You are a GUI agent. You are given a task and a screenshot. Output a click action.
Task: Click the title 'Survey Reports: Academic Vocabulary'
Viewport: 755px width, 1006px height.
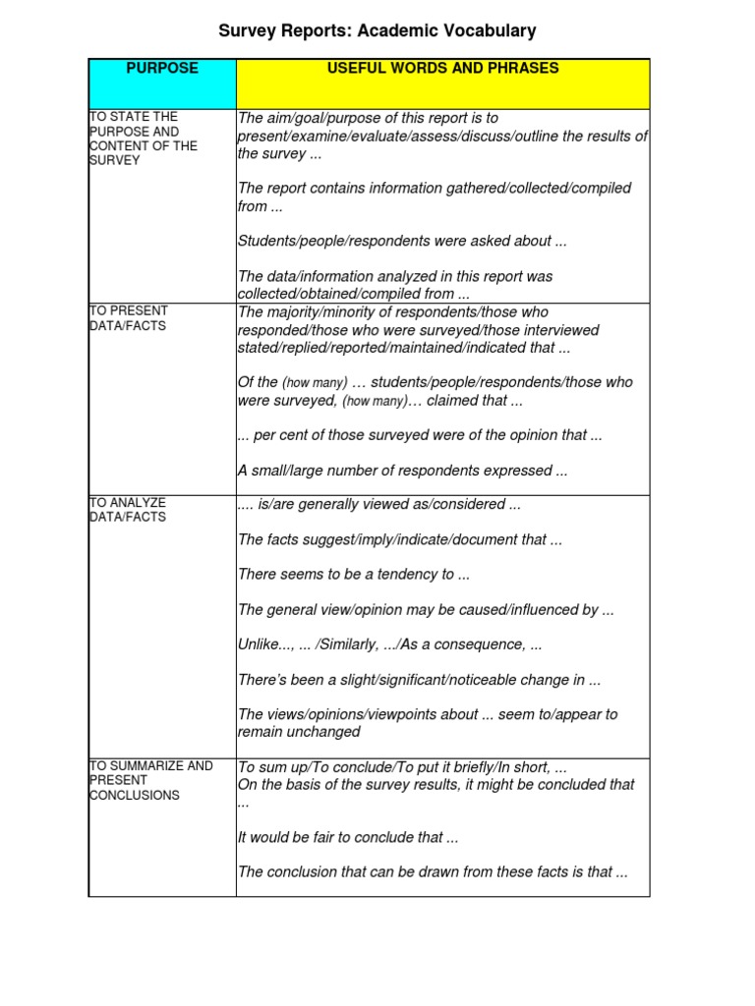[x=377, y=31]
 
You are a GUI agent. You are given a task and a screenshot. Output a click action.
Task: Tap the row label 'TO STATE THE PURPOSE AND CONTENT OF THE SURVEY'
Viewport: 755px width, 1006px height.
[x=144, y=139]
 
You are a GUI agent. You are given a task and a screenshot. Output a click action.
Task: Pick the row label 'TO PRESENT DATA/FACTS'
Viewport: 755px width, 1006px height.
[x=129, y=318]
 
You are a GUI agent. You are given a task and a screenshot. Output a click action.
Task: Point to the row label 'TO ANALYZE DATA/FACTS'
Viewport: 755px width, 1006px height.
[x=128, y=510]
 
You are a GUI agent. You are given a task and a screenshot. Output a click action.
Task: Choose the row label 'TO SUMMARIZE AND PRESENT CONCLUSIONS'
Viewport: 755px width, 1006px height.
[x=150, y=780]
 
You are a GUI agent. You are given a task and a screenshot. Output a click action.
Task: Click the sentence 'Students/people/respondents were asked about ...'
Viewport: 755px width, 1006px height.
[x=402, y=241]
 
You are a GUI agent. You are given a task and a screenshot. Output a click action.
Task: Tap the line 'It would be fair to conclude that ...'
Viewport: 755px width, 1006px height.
[x=348, y=838]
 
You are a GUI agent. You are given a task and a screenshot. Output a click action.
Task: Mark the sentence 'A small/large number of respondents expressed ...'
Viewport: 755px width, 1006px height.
[x=402, y=471]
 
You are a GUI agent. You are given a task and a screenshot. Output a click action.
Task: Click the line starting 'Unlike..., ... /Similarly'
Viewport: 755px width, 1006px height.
[x=389, y=644]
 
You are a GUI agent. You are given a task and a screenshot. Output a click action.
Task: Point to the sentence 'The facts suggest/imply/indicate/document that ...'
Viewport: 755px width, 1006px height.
[x=399, y=539]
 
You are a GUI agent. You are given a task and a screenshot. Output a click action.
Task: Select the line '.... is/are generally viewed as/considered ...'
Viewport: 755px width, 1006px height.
[x=378, y=505]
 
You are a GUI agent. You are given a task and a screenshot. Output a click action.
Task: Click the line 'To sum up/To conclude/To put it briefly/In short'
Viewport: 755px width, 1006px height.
[x=402, y=767]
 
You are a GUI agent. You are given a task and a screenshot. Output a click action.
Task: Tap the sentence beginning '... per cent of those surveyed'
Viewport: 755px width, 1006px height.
[x=420, y=435]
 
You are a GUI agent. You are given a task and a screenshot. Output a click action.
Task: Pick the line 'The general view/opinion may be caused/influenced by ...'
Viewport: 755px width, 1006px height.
[x=426, y=610]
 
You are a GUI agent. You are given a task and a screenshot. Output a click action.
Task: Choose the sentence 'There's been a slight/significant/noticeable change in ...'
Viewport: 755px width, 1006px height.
[x=419, y=680]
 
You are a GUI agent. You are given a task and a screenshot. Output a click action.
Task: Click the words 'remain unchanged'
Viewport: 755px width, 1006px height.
[x=299, y=732]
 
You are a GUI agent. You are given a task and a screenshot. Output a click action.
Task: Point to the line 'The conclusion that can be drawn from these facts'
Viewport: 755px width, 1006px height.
[x=433, y=871]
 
